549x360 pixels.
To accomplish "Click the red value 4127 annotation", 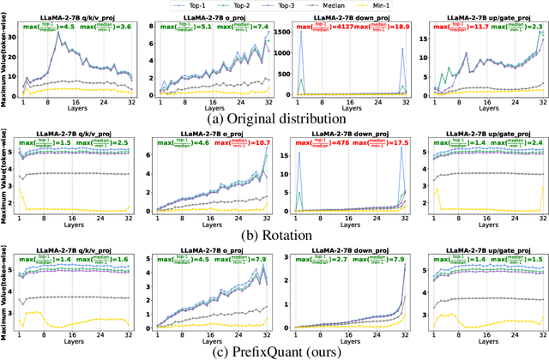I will pos(332,26).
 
